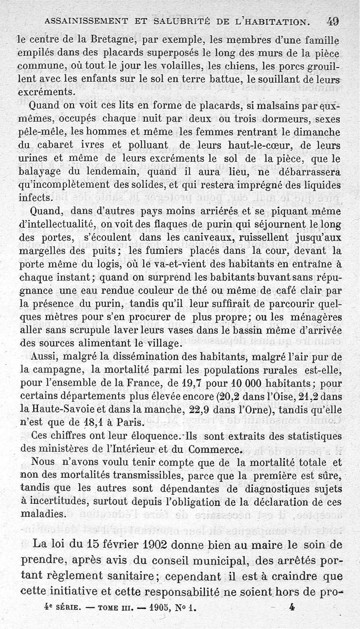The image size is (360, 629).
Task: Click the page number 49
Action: click(333, 21)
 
